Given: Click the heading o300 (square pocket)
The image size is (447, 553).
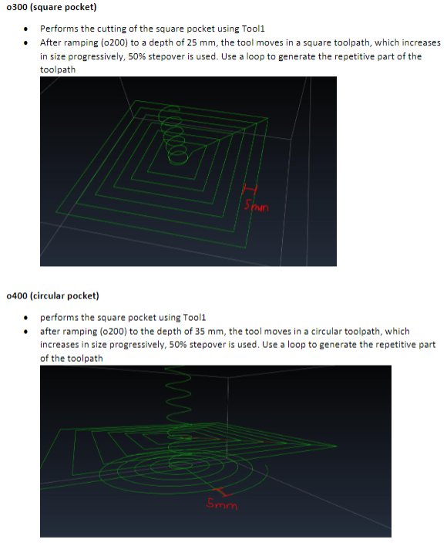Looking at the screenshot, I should click(x=50, y=8).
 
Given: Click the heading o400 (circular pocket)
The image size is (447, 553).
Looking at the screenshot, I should click(x=52, y=295).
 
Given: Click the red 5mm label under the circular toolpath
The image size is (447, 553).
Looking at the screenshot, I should click(x=221, y=506).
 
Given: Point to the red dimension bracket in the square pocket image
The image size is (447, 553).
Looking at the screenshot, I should click(x=249, y=189).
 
